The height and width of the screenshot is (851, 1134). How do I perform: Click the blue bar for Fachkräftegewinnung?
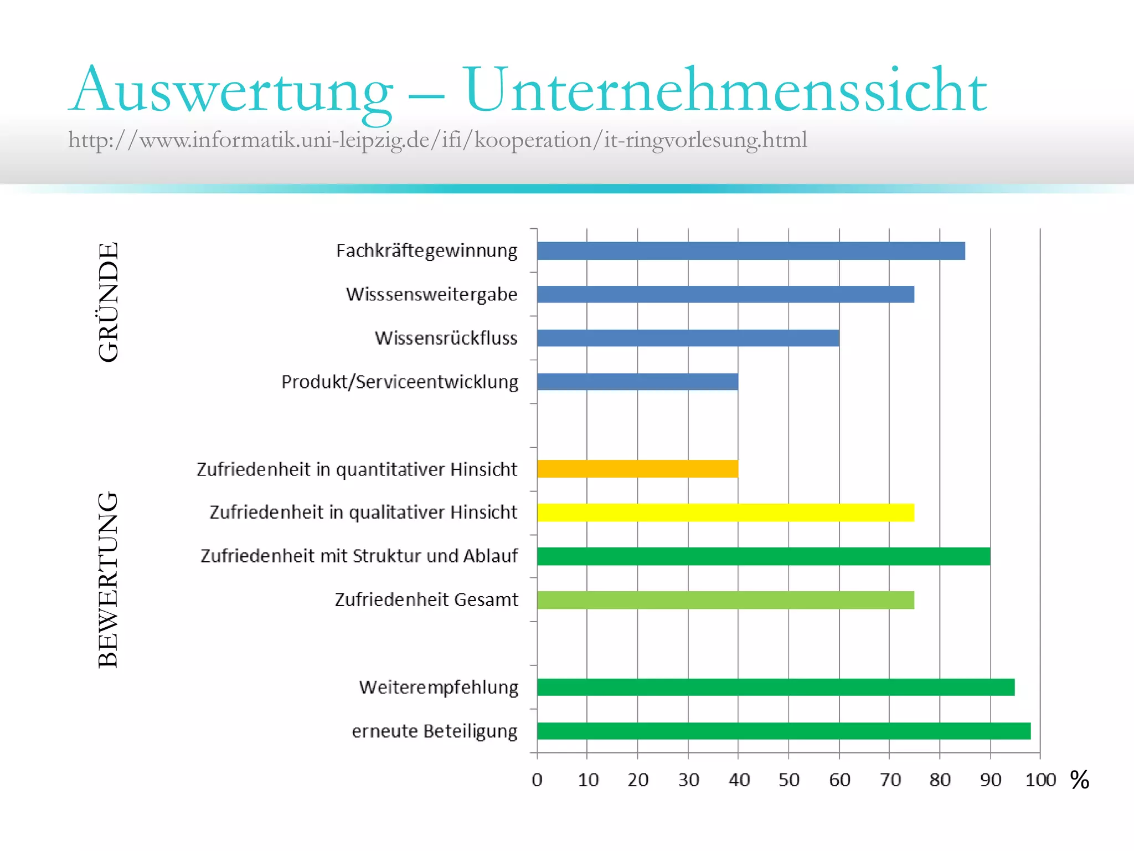click(750, 251)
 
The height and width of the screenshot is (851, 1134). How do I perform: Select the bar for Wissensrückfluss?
click(688, 338)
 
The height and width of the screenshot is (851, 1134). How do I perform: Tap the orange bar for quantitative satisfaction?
click(637, 469)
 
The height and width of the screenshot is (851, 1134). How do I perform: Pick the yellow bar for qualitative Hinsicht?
click(725, 512)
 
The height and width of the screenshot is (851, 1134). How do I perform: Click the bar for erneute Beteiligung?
click(784, 731)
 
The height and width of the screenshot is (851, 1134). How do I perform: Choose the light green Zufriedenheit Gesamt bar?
click(725, 600)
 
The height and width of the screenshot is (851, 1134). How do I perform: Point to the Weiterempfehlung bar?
click(775, 687)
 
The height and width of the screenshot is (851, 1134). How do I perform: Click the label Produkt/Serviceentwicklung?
click(400, 382)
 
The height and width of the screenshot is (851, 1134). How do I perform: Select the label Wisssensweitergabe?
click(431, 294)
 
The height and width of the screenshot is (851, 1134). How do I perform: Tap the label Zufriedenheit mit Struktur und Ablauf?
click(359, 556)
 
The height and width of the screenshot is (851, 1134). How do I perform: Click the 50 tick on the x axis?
click(788, 780)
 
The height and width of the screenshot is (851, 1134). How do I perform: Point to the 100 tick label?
click(1040, 780)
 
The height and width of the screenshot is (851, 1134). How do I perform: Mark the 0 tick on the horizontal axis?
click(537, 780)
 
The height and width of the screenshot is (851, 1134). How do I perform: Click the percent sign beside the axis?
click(1079, 780)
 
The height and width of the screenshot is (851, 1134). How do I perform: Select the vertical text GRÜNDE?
click(109, 302)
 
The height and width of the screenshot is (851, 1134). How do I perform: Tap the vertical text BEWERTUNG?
click(109, 579)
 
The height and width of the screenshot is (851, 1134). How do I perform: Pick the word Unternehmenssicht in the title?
click(725, 90)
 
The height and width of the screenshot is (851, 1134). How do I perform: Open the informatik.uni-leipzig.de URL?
click(437, 140)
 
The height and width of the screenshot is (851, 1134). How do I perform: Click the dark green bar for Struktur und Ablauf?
click(763, 556)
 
